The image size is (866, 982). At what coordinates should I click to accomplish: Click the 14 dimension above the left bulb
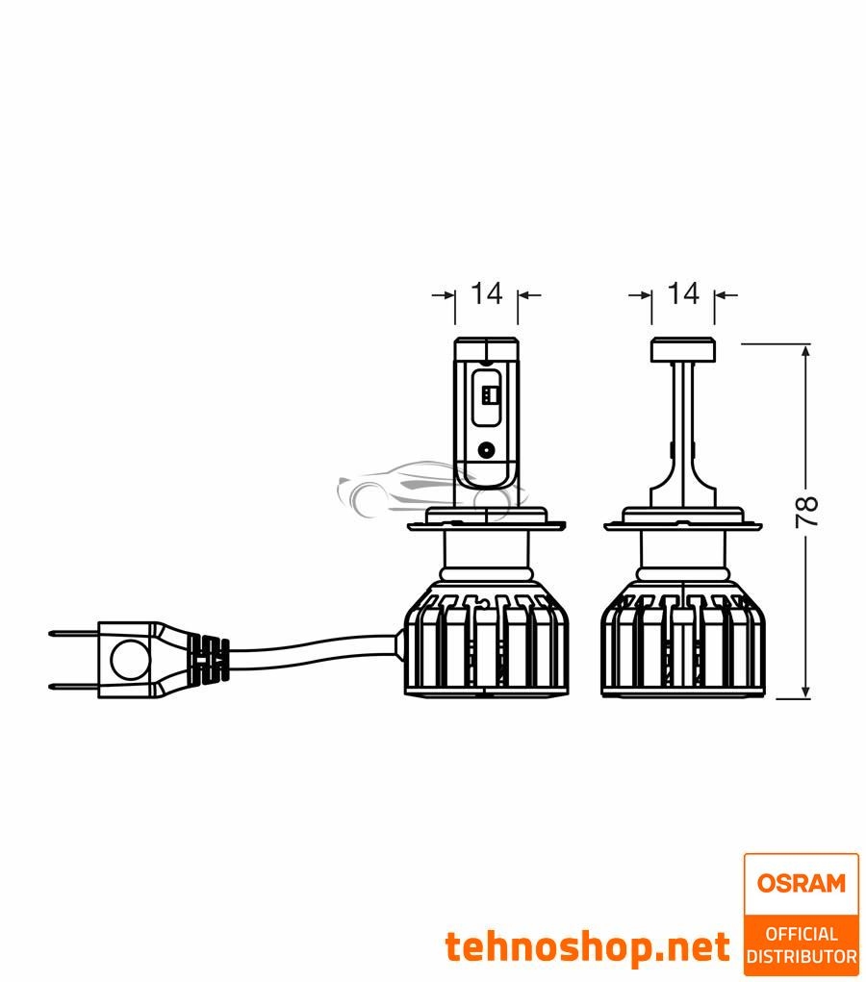pyautogui.click(x=486, y=293)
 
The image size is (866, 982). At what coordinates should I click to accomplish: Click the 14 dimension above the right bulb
pyautogui.click(x=682, y=293)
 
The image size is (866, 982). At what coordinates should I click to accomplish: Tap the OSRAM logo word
pyautogui.click(x=801, y=883)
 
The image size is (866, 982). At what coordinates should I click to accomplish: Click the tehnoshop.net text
pyautogui.click(x=587, y=947)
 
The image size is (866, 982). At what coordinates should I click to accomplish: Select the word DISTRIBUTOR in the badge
pyautogui.click(x=801, y=956)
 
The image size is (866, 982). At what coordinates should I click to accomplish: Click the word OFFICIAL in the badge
pyautogui.click(x=801, y=934)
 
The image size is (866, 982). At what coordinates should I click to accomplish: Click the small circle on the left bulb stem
pyautogui.click(x=488, y=448)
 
